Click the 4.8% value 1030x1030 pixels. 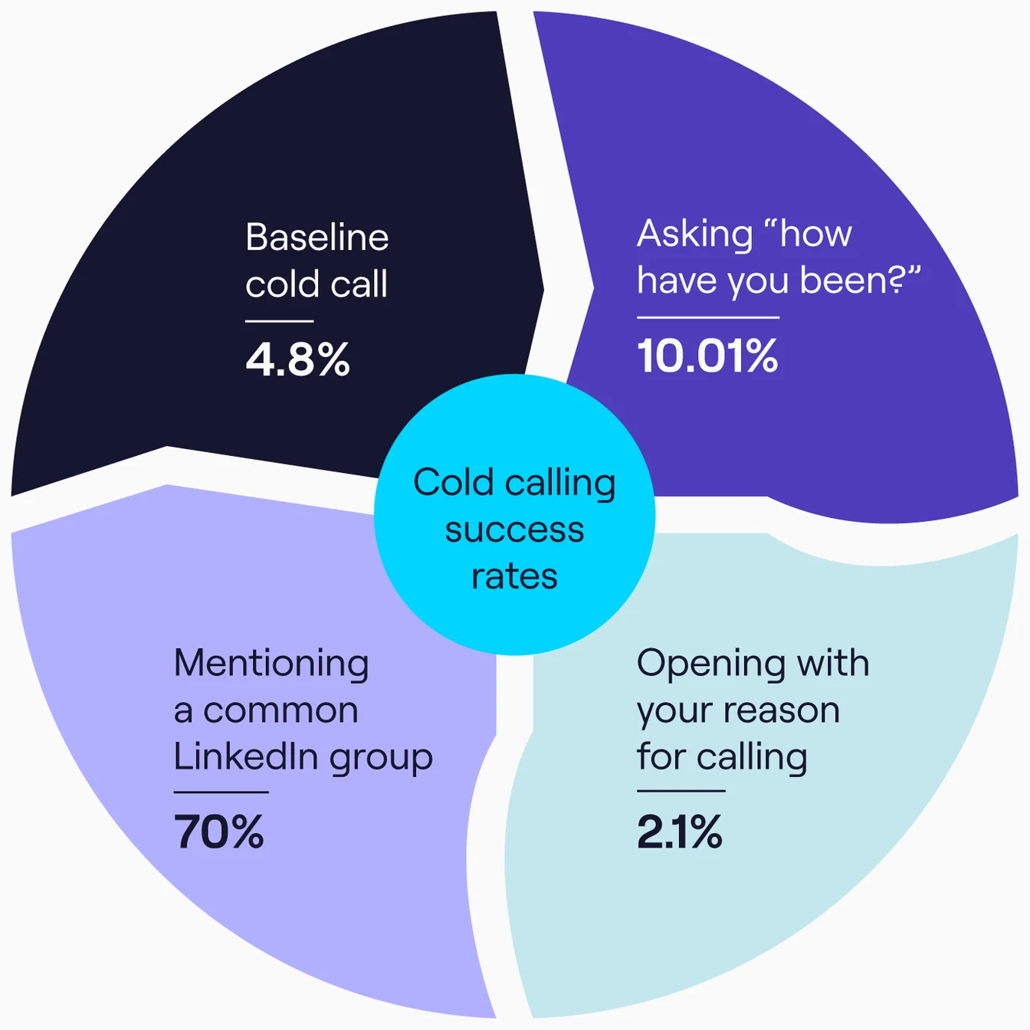[297, 359]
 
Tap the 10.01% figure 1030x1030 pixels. [707, 356]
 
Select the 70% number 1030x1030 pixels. [219, 832]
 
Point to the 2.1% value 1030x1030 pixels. [679, 832]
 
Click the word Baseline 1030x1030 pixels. [317, 238]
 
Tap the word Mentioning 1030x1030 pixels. [271, 664]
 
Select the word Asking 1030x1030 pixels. [695, 234]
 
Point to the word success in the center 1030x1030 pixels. [514, 530]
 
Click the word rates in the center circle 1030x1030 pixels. [514, 576]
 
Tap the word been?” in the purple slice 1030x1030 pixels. [860, 280]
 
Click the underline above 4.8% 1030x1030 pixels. [279, 321]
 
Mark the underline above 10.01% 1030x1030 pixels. [707, 317]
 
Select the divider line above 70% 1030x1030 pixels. [221, 792]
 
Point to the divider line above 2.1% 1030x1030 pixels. [681, 791]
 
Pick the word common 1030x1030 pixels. [280, 710]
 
